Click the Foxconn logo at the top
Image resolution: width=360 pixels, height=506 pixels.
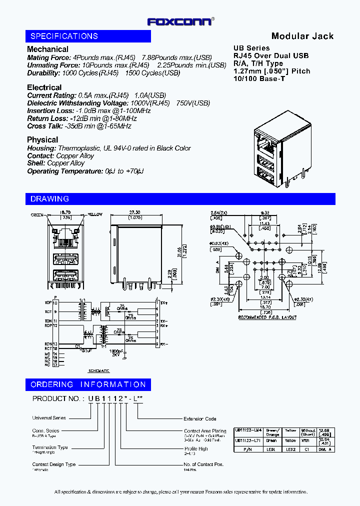click(180, 21)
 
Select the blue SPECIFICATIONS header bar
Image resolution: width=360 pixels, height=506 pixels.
click(88, 36)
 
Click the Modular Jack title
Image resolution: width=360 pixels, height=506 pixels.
click(302, 36)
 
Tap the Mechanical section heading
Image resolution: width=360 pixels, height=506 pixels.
click(47, 49)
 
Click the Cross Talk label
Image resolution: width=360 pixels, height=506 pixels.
click(44, 126)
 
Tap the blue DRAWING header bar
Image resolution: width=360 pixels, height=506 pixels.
click(180, 199)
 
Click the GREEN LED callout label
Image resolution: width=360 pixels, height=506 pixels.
click(37, 214)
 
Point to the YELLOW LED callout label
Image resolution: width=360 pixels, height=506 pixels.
click(95, 214)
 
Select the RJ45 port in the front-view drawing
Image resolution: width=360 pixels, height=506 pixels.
click(62, 238)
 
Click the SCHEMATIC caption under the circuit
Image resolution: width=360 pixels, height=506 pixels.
click(98, 370)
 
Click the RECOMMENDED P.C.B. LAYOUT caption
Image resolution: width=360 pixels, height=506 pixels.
click(267, 317)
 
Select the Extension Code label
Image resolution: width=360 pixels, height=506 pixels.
click(200, 418)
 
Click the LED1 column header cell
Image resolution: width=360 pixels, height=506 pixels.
click(272, 449)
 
